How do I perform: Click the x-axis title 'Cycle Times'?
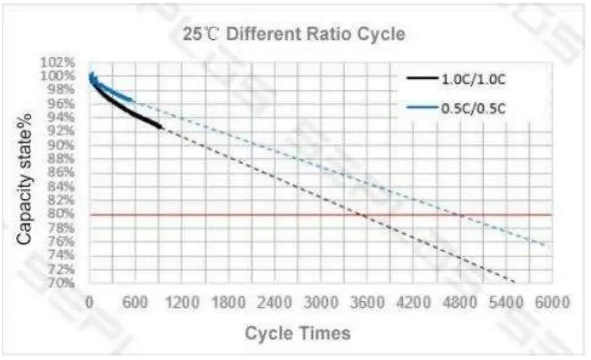tap(297, 333)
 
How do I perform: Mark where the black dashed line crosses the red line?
tap(363, 214)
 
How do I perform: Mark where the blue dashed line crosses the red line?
tap(461, 214)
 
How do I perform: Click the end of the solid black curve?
tap(161, 126)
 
